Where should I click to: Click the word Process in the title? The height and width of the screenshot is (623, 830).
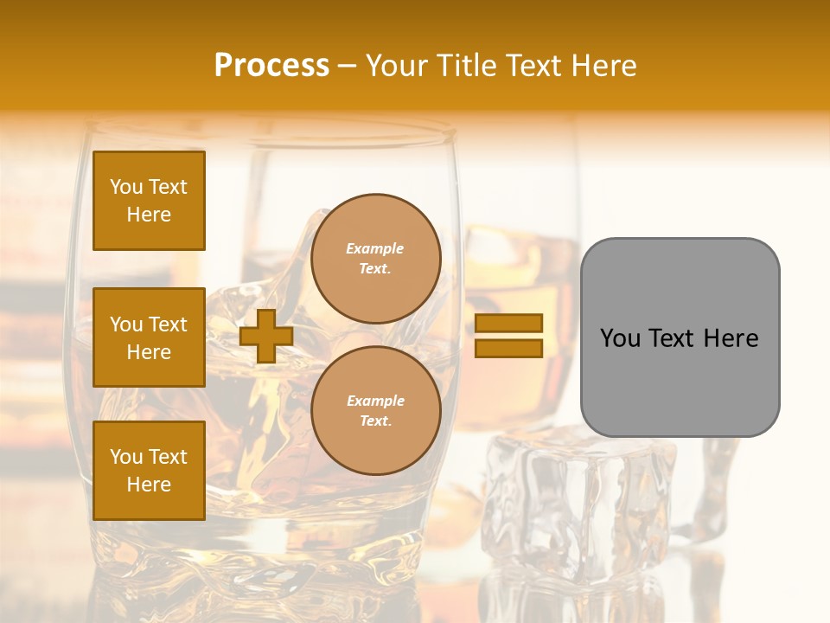(271, 66)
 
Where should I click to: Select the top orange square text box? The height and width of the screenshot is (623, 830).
(149, 201)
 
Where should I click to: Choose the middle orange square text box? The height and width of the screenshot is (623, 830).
(149, 337)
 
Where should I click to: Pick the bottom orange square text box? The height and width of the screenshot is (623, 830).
(149, 471)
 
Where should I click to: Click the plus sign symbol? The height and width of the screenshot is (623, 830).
(266, 336)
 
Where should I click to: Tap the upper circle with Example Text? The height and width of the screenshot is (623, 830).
(375, 259)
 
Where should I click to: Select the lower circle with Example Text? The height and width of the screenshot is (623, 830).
(375, 411)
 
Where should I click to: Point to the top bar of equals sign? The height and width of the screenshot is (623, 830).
(508, 323)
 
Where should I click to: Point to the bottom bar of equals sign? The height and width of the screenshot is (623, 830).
(508, 348)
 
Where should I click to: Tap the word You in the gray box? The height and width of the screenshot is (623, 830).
(620, 338)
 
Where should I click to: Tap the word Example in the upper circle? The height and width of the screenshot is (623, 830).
(375, 248)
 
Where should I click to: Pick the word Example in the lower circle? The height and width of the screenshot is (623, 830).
(375, 401)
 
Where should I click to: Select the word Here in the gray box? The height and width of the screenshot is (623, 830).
(731, 338)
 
